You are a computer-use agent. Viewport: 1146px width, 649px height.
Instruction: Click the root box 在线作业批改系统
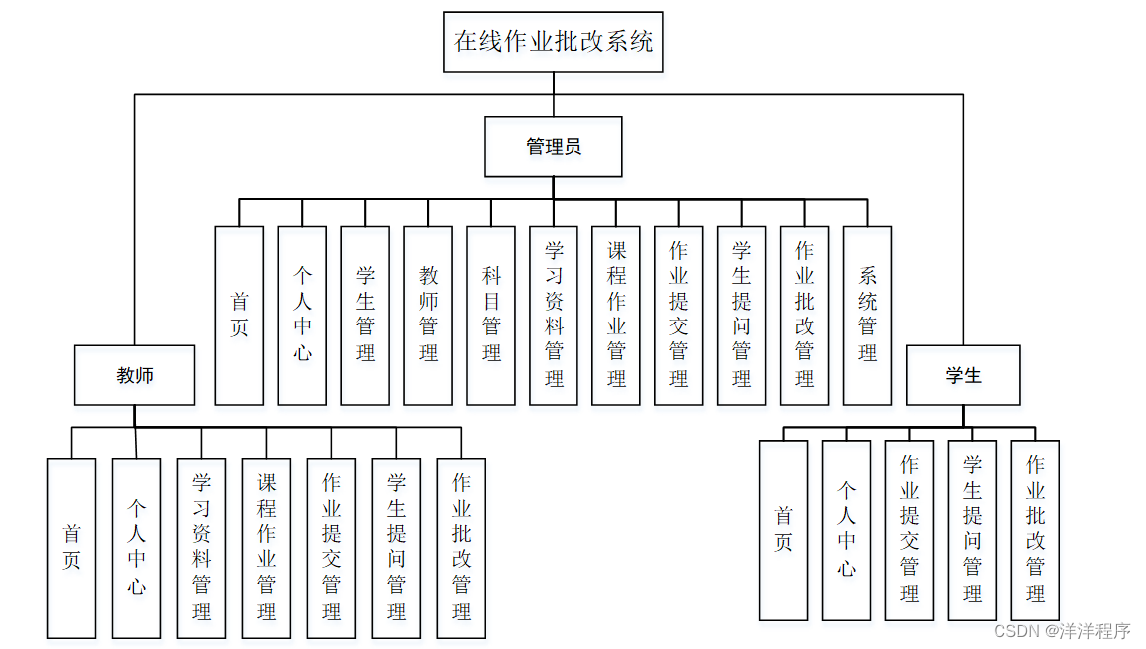[x=554, y=42]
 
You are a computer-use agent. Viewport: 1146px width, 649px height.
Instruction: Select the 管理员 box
[x=554, y=147]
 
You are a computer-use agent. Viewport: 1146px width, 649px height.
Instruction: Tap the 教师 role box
[x=135, y=375]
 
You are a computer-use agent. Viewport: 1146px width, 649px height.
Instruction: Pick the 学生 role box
[x=963, y=375]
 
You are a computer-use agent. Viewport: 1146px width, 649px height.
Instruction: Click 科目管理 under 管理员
[x=491, y=315]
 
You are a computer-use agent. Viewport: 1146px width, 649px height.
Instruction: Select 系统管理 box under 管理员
[x=867, y=315]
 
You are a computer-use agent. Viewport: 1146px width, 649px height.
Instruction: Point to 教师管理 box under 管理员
[x=428, y=315]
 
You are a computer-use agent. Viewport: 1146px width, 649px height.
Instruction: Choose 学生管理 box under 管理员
[x=365, y=315]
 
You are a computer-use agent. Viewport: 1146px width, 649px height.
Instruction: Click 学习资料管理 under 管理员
[x=554, y=315]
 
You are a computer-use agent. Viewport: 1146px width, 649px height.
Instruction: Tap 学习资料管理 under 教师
[x=201, y=548]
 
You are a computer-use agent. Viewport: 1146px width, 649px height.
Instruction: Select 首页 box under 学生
[x=783, y=530]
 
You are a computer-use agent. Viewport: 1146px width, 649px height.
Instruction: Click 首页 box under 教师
[x=71, y=548]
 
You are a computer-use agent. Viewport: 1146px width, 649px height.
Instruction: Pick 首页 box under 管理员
[x=239, y=315]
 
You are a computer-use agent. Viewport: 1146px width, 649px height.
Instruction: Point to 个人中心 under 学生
[x=846, y=530]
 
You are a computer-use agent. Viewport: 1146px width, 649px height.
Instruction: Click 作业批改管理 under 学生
[x=1035, y=530]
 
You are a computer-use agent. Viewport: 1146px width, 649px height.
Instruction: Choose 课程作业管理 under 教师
[x=266, y=548]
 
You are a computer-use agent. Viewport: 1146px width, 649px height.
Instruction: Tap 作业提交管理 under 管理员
[x=679, y=315]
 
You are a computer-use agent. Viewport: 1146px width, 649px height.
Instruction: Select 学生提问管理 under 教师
[x=396, y=548]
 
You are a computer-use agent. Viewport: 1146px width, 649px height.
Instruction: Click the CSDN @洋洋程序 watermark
[x=1063, y=631]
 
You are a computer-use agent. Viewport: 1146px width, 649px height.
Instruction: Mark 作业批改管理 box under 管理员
[x=804, y=315]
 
